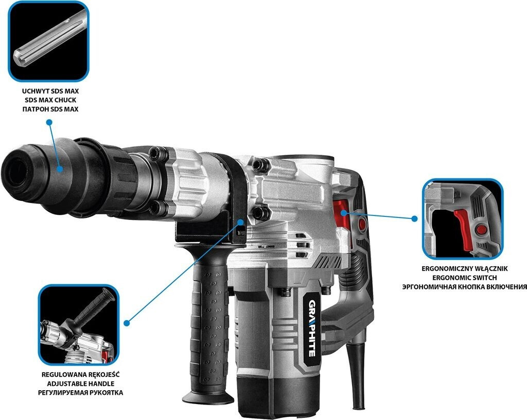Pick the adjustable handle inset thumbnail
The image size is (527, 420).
click(x=79, y=324)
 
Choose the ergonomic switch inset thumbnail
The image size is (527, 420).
click(x=462, y=218)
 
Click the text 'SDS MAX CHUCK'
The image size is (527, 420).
click(x=50, y=100)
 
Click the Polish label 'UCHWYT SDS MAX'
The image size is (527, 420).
click(x=50, y=91)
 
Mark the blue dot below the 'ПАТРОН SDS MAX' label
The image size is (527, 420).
click(x=49, y=122)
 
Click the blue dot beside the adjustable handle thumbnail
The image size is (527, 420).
click(x=127, y=322)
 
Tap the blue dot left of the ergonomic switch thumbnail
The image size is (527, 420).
click(x=414, y=218)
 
